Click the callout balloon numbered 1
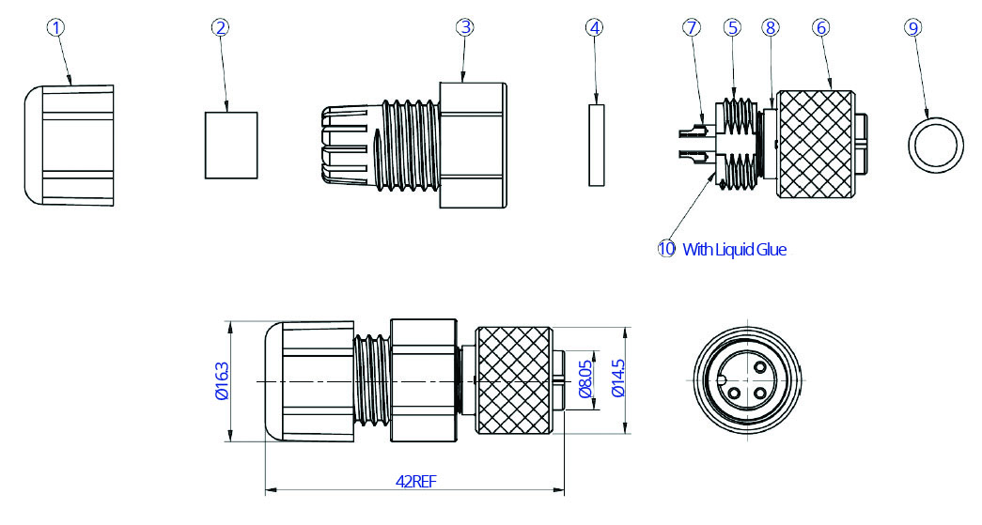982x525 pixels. click(x=57, y=27)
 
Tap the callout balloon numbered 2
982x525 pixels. click(x=221, y=27)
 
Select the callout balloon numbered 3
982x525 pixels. click(x=465, y=27)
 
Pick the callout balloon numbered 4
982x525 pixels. click(x=593, y=27)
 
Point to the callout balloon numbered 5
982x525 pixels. click(x=733, y=27)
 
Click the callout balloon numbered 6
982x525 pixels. click(x=821, y=27)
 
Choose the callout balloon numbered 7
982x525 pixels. click(x=693, y=27)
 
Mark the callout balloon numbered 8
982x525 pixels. click(x=771, y=27)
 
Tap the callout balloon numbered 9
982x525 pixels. click(x=912, y=27)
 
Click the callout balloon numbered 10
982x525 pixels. click(x=666, y=249)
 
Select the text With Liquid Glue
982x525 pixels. click(x=734, y=249)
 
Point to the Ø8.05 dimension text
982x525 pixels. click(x=585, y=380)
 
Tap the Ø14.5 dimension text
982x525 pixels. click(x=616, y=380)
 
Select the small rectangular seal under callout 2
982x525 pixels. click(x=231, y=145)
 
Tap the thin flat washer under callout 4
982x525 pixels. click(x=596, y=145)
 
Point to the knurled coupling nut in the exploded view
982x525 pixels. click(x=816, y=144)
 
